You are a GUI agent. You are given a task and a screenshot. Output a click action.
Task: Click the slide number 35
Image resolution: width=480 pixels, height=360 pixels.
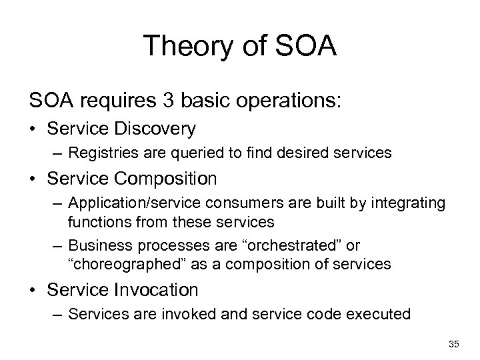[454, 344]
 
